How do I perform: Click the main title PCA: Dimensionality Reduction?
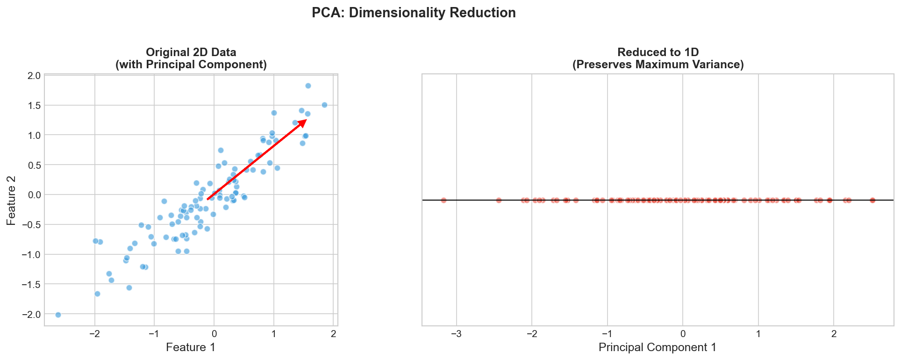pos(414,13)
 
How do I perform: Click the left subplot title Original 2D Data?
pos(191,52)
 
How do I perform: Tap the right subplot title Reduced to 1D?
pos(658,52)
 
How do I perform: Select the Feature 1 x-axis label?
pos(191,347)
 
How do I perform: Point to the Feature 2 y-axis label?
pos(12,200)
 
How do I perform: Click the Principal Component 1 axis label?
pos(657,347)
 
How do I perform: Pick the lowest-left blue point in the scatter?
pos(58,315)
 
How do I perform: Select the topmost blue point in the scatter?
pos(308,86)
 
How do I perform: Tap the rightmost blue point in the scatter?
pos(324,105)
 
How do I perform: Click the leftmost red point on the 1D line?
pos(443,200)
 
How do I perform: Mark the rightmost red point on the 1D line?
pos(872,200)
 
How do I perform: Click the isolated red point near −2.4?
pos(499,200)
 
